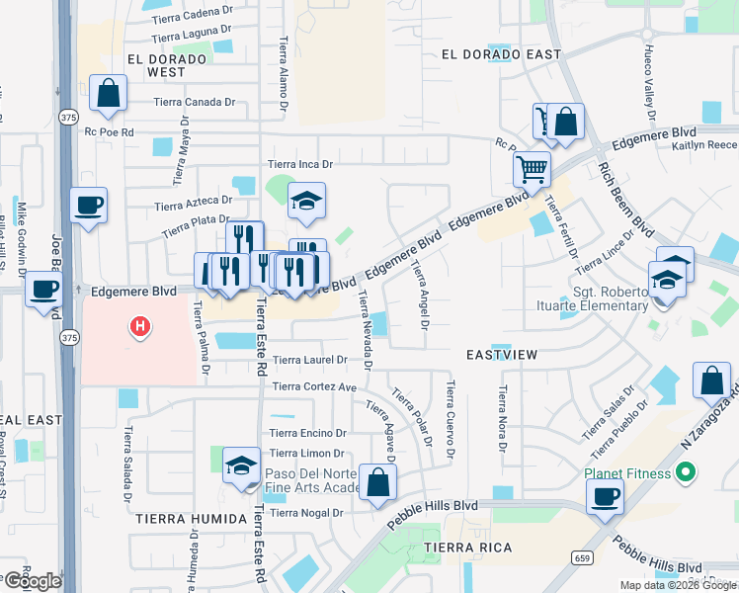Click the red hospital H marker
pos(141,325)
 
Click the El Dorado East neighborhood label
pos(494,54)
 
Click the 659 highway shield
pos(583,558)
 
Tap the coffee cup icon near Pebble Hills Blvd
pos(605,497)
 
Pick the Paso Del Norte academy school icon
pos(241,466)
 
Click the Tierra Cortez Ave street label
pos(314,386)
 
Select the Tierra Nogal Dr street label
pos(305,513)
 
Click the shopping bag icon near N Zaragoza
pos(711,381)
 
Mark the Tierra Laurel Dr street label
pos(310,361)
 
